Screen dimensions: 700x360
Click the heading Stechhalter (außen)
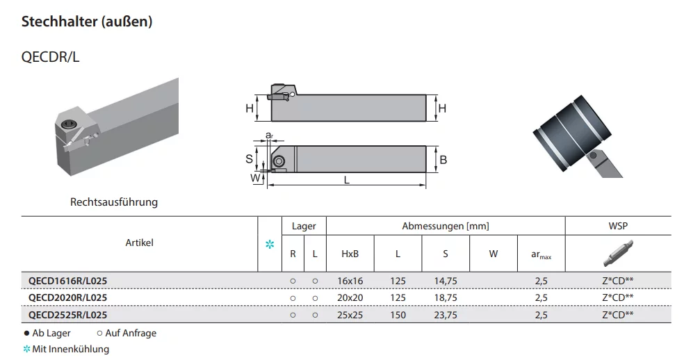87,22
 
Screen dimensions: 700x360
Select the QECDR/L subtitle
51,57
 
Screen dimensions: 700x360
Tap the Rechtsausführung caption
114,202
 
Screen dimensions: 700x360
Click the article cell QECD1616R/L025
68,281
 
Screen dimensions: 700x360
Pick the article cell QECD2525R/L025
68,315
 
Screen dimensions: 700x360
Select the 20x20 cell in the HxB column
350,297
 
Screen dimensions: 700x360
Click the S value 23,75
446,315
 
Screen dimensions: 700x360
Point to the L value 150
398,315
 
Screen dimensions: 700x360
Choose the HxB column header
350,254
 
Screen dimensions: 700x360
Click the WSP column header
618,226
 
